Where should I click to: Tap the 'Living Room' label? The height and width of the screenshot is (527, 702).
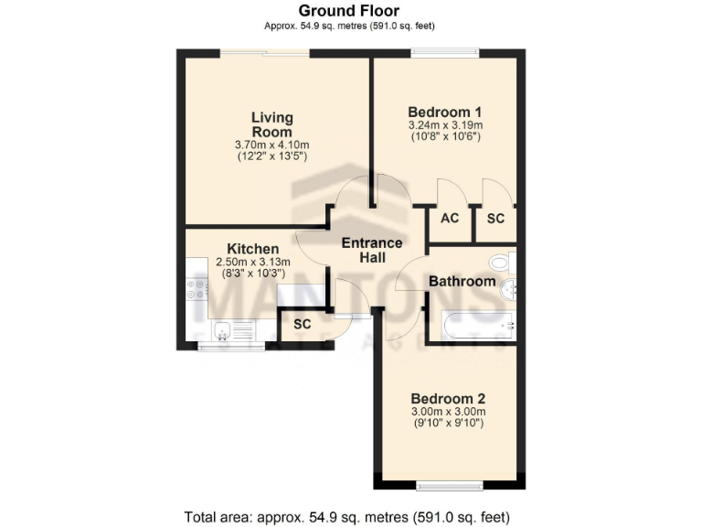coord(272,124)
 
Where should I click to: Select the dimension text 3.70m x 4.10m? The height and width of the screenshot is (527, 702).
coord(272,145)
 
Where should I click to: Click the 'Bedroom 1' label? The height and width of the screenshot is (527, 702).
coord(444,113)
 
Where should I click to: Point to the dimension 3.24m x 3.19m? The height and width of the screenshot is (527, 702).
coord(444,125)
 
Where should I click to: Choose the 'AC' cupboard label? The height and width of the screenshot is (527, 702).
coord(450,219)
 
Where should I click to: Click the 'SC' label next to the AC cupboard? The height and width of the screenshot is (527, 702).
coord(495,219)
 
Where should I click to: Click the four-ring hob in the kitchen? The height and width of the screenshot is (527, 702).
coord(197,289)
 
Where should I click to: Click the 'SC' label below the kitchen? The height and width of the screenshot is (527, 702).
coord(302,325)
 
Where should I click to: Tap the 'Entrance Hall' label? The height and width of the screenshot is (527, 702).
coord(371,250)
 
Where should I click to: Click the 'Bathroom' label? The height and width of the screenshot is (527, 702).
coord(463,281)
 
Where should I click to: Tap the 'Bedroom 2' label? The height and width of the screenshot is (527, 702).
coord(447,399)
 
